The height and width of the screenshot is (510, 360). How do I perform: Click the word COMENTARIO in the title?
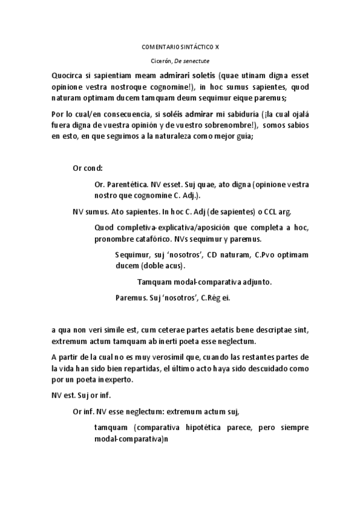click(x=159, y=46)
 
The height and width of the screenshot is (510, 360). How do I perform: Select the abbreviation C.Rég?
click(x=211, y=297)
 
